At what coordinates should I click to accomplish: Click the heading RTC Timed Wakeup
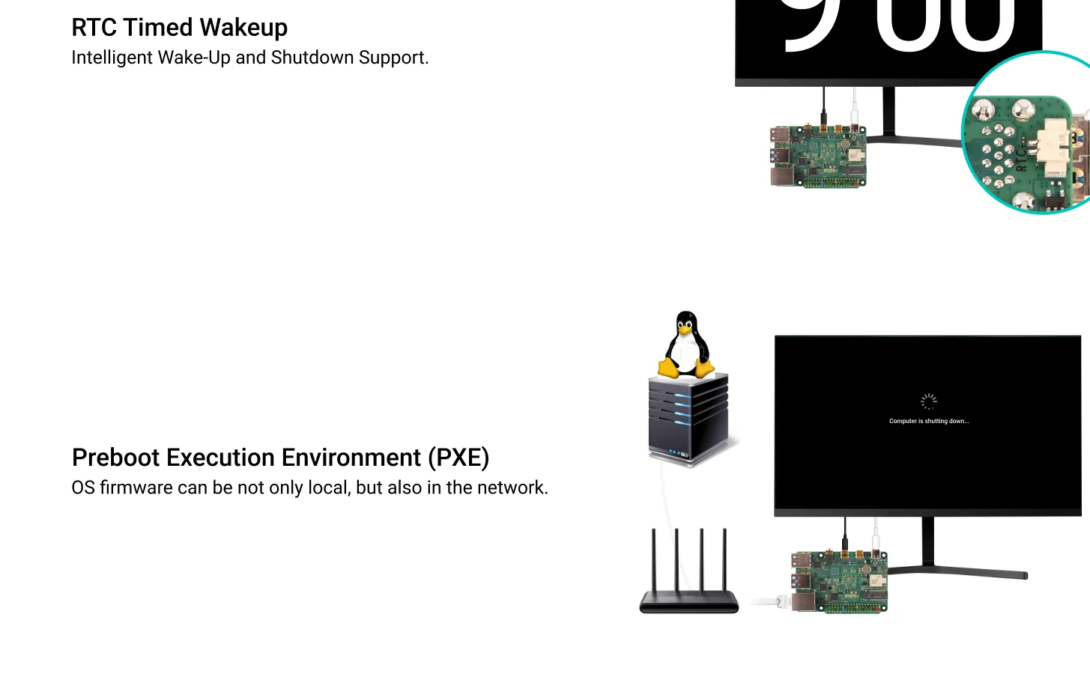tap(179, 28)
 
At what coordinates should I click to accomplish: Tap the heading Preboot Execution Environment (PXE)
tap(280, 458)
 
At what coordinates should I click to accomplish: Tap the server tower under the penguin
tap(688, 419)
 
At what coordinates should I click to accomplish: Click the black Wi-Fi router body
tap(688, 602)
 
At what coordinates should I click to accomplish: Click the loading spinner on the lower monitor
tap(928, 401)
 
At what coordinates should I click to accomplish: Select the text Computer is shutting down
tap(928, 421)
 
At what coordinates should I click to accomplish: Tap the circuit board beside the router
tap(839, 582)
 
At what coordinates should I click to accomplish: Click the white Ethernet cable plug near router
tap(779, 601)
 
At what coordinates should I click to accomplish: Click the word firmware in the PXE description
tap(136, 488)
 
